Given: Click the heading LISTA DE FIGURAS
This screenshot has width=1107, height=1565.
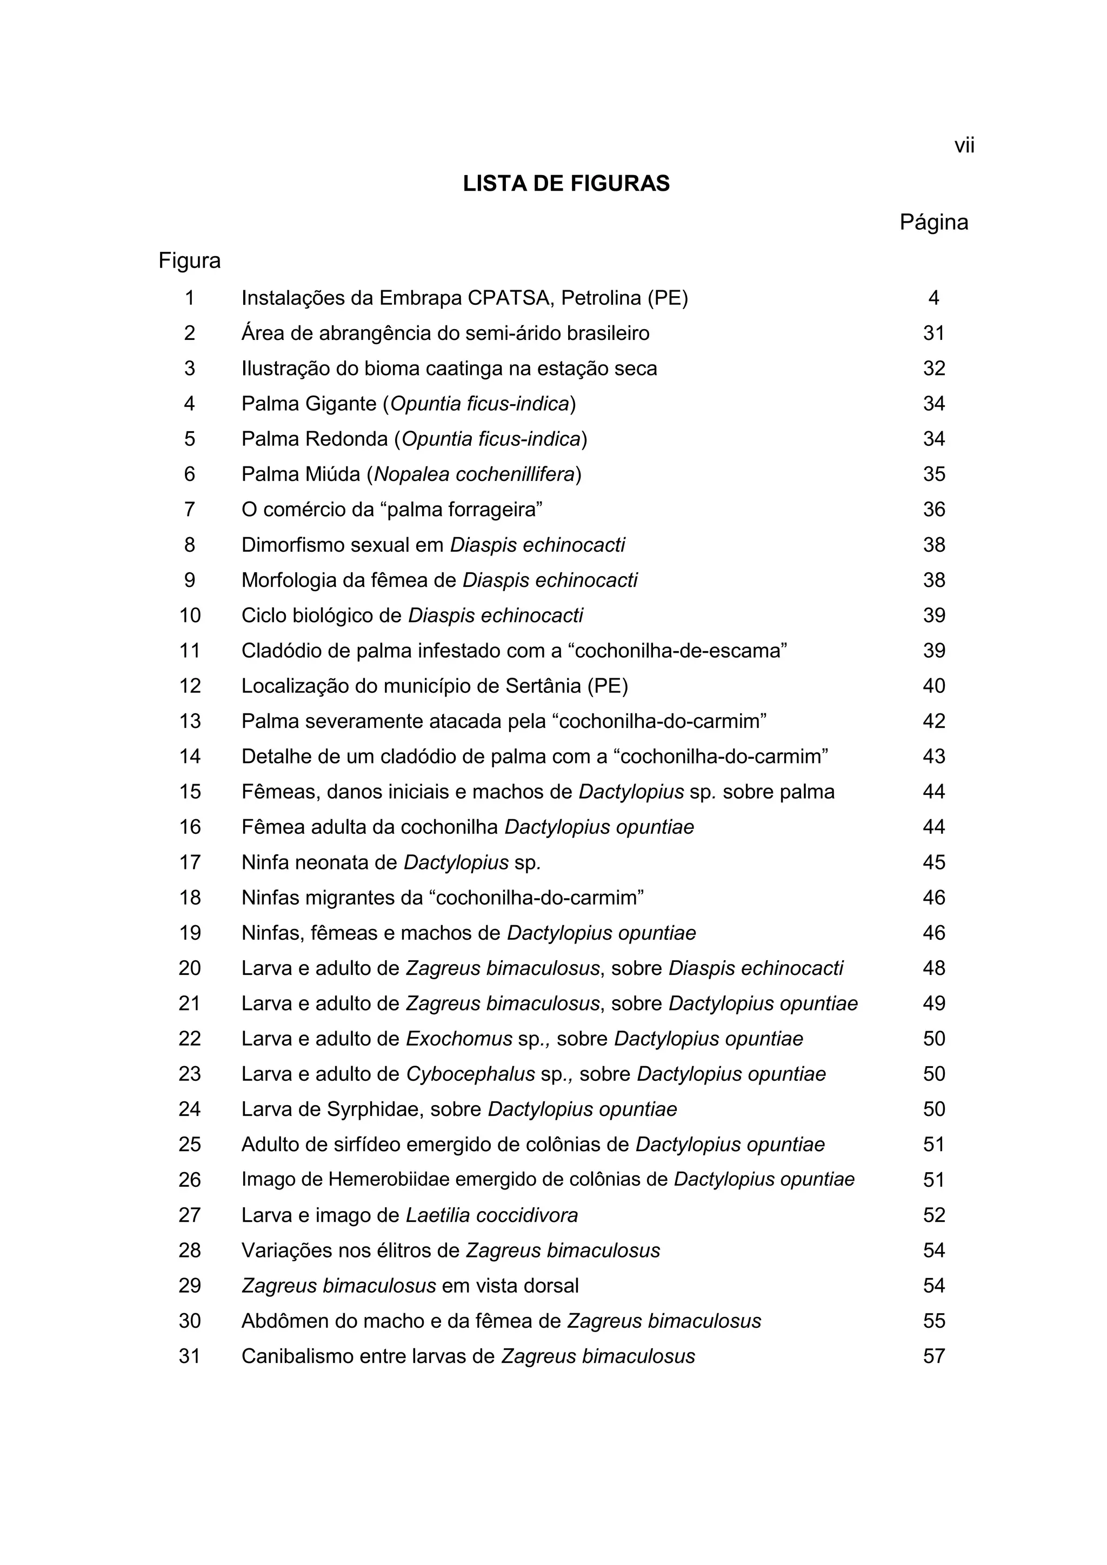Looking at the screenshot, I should pyautogui.click(x=566, y=184).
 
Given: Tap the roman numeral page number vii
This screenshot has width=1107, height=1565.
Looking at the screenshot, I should pyautogui.click(x=964, y=146).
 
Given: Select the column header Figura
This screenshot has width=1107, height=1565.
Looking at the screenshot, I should pyautogui.click(x=190, y=260).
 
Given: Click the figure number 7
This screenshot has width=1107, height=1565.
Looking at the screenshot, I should pyautogui.click(x=190, y=509).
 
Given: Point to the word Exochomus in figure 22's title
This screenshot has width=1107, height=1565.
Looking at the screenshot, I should pyautogui.click(x=459, y=1039).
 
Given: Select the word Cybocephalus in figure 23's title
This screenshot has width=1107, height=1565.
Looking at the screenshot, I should pyautogui.click(x=470, y=1074).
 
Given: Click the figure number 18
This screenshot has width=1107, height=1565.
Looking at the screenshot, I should pyautogui.click(x=190, y=898).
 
